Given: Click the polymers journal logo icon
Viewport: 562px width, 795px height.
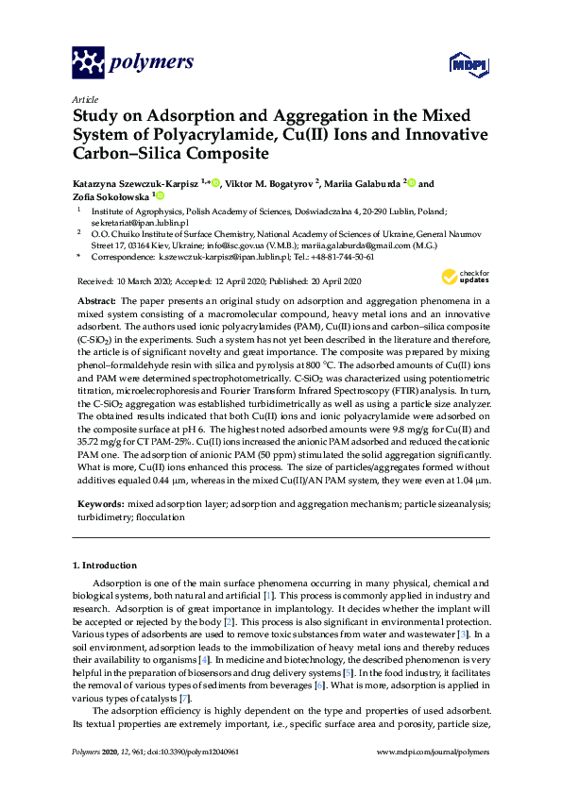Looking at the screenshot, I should coord(89,62).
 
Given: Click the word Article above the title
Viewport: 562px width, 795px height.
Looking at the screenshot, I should coord(84,99).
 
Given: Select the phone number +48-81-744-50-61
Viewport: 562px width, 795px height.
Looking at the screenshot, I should coord(341,256).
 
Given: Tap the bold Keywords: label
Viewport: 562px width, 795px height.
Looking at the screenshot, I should coord(99,506).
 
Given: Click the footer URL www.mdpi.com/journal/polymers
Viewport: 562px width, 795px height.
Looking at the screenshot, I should coord(433,753).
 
